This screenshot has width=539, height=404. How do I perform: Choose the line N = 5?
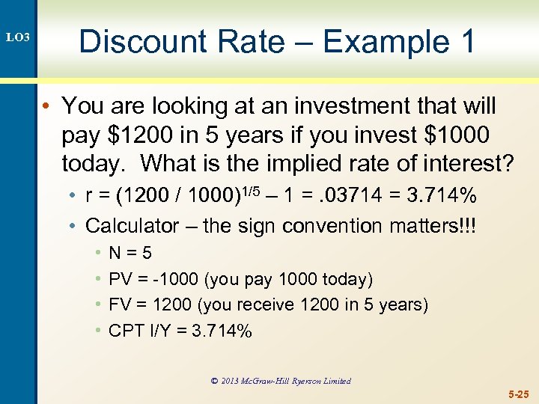pyautogui.click(x=130, y=254)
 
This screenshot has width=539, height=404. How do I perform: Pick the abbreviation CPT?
pyautogui.click(x=126, y=330)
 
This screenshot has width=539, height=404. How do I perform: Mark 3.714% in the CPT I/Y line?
pyautogui.click(x=222, y=330)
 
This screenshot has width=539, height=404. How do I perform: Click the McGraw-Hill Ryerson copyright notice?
pyautogui.click(x=280, y=381)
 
